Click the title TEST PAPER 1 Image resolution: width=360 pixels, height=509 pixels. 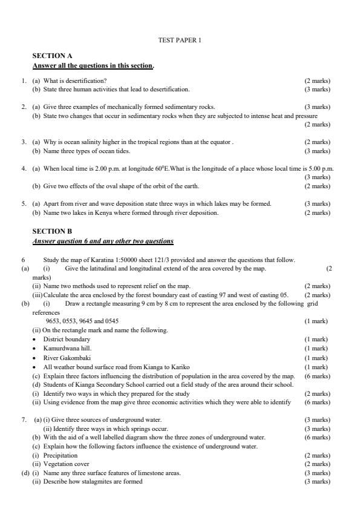point(179,41)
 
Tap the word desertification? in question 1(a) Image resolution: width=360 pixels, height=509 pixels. point(87,80)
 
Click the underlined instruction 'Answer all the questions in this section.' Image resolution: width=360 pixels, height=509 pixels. point(93,65)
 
